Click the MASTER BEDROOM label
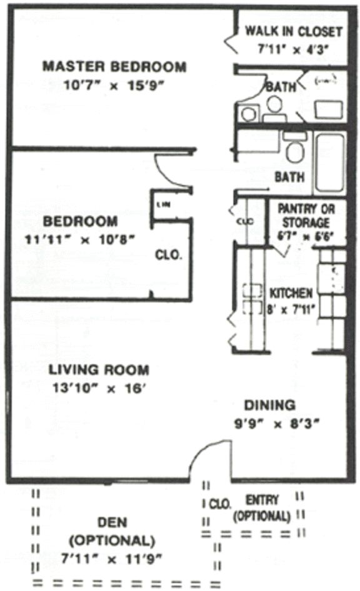point(114,66)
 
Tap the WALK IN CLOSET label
point(292,31)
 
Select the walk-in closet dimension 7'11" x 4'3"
point(292,47)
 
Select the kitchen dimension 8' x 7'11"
point(291,308)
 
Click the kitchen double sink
point(252,299)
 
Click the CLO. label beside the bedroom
point(168,255)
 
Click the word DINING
point(269,404)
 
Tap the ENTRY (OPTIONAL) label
point(262,508)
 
